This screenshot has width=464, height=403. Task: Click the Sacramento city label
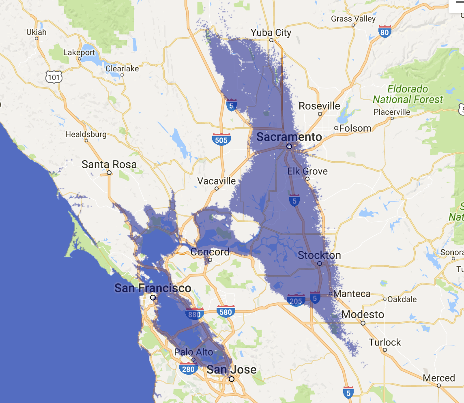click(289, 137)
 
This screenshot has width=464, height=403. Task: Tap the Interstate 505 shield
click(221, 139)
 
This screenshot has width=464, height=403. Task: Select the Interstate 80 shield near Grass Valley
click(385, 31)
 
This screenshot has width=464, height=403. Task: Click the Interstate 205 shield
click(296, 300)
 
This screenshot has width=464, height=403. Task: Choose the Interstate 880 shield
click(195, 314)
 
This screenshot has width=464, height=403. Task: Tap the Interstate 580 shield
click(225, 312)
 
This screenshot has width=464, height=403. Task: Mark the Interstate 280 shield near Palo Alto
click(189, 369)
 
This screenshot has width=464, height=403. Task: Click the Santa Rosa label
click(109, 165)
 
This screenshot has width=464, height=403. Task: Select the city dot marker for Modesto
click(363, 323)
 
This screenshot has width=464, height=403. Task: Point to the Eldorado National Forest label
click(408, 94)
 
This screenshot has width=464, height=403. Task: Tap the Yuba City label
click(271, 32)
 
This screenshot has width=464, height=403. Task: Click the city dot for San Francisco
click(153, 298)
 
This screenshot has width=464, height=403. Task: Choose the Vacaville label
click(217, 181)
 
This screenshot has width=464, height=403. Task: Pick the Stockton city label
click(319, 255)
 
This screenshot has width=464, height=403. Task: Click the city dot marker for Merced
click(439, 386)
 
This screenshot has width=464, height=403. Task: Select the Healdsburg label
click(86, 134)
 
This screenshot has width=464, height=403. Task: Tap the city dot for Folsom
click(336, 128)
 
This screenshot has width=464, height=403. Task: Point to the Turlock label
click(385, 342)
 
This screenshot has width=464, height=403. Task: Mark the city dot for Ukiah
click(37, 39)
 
